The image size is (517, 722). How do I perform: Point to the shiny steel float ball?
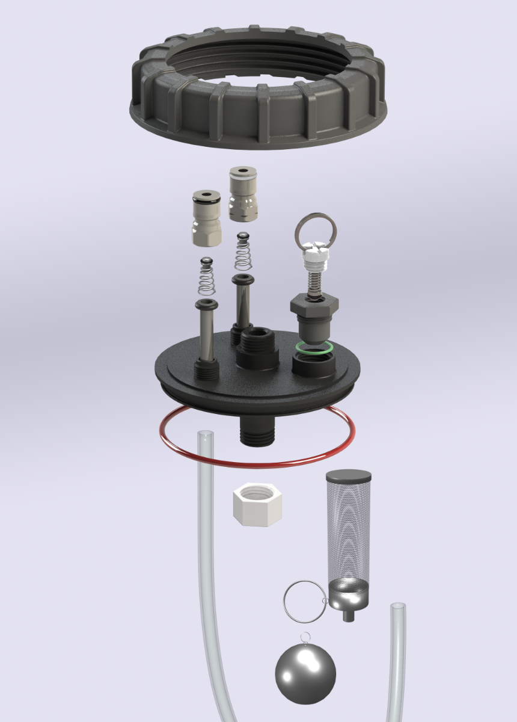point(305,674)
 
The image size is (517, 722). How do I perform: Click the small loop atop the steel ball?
point(306,637)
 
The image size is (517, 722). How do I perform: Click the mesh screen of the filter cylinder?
point(348,529)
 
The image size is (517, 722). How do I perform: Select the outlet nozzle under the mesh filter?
point(348,614)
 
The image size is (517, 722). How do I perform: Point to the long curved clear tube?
point(207,572)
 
